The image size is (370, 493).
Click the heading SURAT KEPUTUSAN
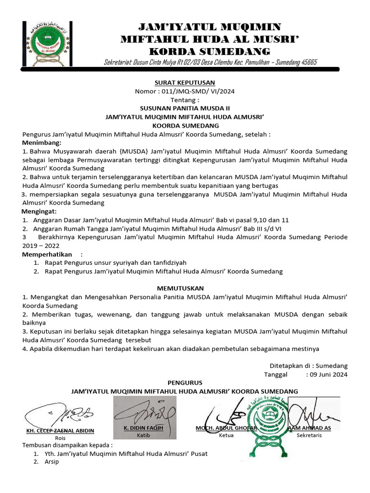(185, 82)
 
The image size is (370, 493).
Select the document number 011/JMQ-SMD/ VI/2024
(197, 91)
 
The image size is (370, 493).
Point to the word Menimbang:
(42, 143)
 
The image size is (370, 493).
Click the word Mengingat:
(40, 211)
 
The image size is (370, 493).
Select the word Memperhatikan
(47, 254)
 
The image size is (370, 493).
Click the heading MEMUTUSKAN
(185, 288)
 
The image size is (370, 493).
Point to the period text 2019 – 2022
(40, 246)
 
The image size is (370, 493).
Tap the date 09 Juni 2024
(329, 375)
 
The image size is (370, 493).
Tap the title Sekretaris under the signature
(309, 435)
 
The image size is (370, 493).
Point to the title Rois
(60, 438)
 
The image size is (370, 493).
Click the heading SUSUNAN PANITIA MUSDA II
(185, 108)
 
